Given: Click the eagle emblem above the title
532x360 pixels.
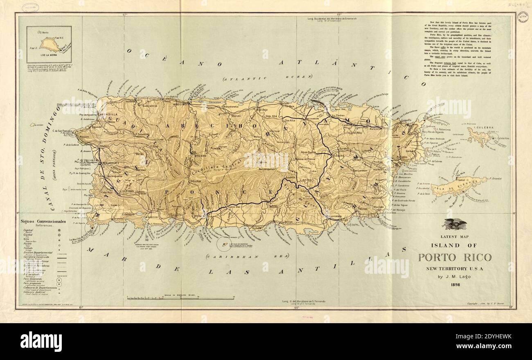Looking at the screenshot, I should (x=455, y=224).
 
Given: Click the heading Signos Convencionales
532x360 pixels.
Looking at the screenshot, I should (x=47, y=221).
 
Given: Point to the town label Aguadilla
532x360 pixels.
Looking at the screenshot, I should (x=108, y=115).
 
